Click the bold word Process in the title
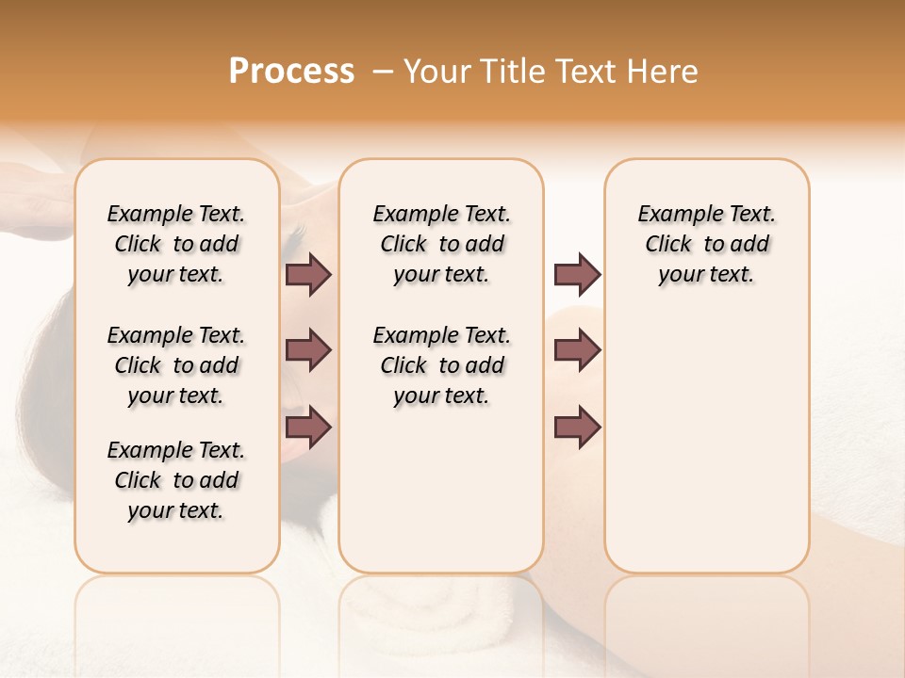(291, 71)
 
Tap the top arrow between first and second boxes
(308, 274)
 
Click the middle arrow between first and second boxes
(308, 350)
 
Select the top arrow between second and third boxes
(577, 274)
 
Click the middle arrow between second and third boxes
(577, 350)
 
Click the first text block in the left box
(176, 244)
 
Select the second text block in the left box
(176, 365)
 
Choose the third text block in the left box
(176, 480)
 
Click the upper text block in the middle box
(441, 244)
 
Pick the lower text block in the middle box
(441, 365)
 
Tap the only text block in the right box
(706, 244)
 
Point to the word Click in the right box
(668, 245)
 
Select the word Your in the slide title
(435, 72)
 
